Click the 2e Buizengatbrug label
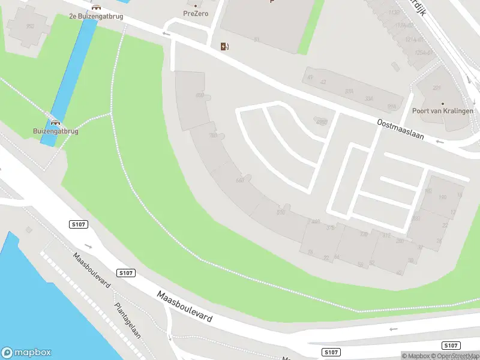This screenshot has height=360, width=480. coord(96,16)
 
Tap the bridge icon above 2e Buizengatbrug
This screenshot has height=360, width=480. coord(96,7)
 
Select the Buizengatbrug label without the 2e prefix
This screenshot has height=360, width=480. coord(56,130)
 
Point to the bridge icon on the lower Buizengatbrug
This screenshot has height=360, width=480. coord(56,121)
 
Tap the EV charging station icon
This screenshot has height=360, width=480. coord(224,46)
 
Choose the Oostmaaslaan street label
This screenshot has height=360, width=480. coord(400,128)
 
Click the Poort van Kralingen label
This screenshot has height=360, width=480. coord(442,110)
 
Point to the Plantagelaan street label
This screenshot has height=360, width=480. coord(127,320)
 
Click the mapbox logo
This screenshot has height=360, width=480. coord(26,353)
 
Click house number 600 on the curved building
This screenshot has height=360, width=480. coord(200,95)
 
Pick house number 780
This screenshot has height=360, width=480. coord(212,136)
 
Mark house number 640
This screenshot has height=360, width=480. coord(241,180)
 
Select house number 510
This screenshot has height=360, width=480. coord(280,212)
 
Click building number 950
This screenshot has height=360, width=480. coord(30,26)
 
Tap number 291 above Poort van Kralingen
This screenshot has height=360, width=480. coord(437,88)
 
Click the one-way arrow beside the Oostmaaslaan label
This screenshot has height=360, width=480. coord(439,142)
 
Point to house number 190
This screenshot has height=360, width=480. coord(443,197)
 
